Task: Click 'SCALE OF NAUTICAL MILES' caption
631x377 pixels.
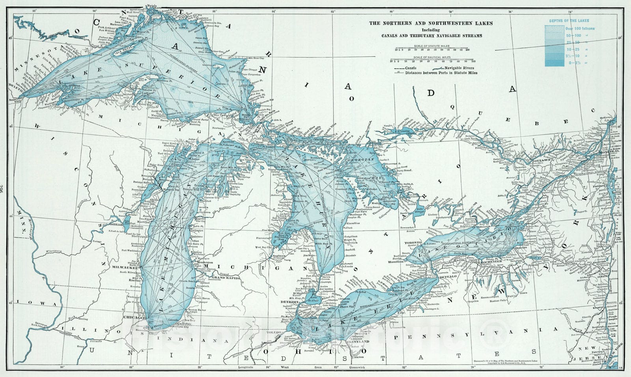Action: click(431, 57)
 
